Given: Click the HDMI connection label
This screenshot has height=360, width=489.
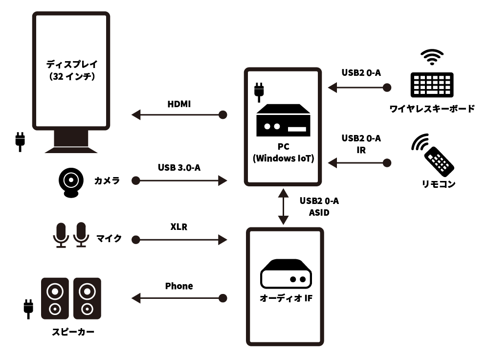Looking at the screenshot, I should tap(179, 104).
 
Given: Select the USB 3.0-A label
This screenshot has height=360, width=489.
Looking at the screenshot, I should tap(179, 168).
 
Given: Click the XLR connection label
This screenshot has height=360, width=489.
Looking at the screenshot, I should tap(179, 227).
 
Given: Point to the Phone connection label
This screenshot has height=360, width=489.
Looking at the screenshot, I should tap(179, 286).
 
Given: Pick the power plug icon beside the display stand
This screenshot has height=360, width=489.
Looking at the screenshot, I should tap(20, 141).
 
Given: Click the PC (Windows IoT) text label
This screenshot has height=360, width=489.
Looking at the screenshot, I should tap(283, 153).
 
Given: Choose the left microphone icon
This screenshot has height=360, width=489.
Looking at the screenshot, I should tap(61, 234).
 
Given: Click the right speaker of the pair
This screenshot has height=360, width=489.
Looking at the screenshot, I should tap(87, 298).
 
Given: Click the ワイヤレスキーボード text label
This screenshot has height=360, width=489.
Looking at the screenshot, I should tap(432, 109).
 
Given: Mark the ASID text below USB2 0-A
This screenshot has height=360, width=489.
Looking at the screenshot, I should tap(319, 213).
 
